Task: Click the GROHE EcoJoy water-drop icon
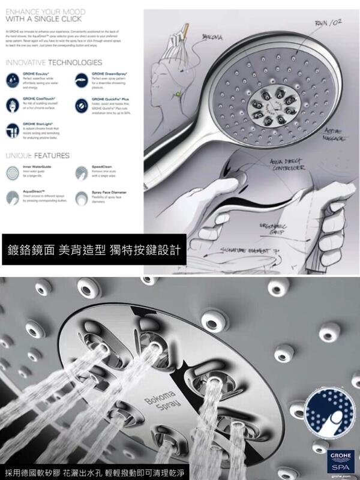(x=12, y=79)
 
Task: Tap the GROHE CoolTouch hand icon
(x=12, y=103)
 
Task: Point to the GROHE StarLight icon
(x=12, y=128)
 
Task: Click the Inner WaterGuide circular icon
(x=12, y=173)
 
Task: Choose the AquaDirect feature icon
(x=12, y=197)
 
